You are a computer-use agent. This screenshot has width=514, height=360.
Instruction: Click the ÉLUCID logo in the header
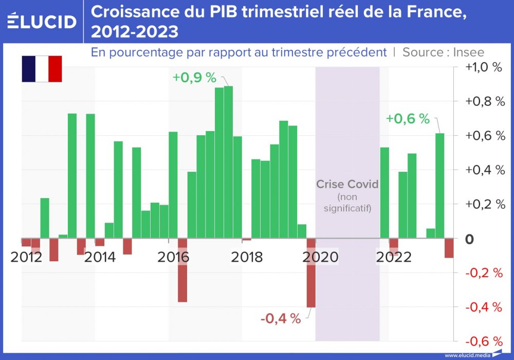[42, 21]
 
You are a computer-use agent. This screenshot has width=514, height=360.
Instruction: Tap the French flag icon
[42, 69]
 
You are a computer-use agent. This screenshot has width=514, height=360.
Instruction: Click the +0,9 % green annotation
[194, 78]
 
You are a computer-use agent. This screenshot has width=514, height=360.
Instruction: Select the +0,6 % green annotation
[408, 119]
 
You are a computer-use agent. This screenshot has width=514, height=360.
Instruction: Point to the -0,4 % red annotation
[280, 319]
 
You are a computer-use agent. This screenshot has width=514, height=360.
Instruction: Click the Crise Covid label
[347, 184]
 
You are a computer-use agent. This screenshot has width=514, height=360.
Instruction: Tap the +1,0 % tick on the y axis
[483, 67]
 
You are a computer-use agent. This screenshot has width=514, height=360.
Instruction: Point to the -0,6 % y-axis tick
[483, 341]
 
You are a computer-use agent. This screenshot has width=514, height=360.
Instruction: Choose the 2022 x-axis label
[393, 257]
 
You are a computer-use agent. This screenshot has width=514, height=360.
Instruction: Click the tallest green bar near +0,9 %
[228, 162]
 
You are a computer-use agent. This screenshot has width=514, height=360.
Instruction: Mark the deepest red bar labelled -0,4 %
[311, 273]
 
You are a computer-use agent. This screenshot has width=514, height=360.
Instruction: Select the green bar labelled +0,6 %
[440, 186]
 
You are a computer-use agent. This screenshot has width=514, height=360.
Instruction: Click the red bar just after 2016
[182, 270]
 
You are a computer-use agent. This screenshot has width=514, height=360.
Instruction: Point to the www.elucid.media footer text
[466, 355]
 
